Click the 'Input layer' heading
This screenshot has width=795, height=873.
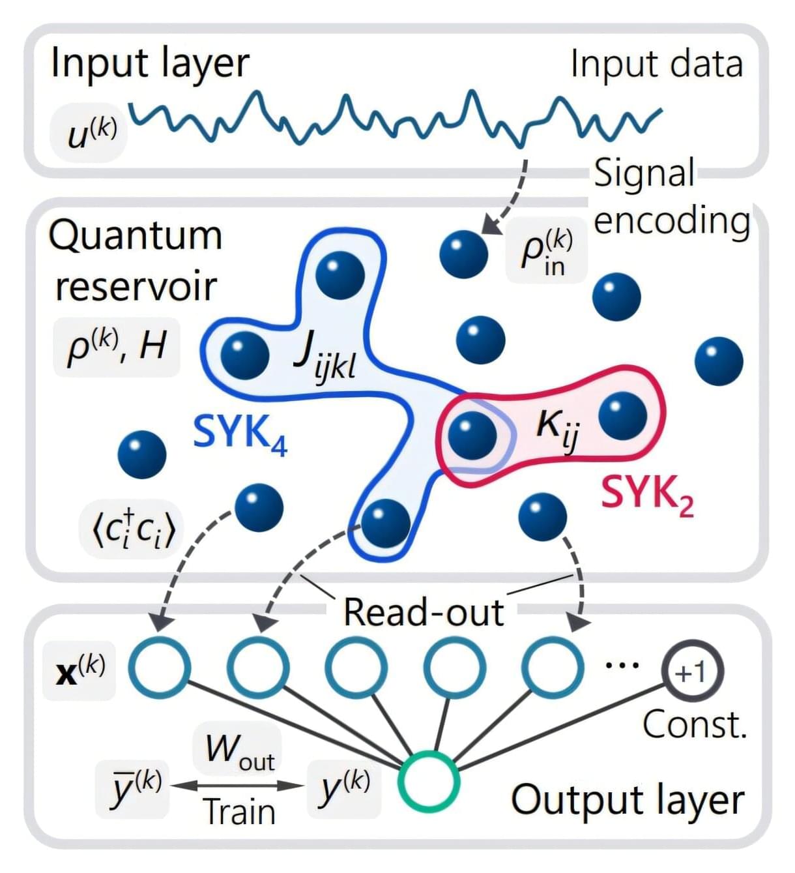(150, 64)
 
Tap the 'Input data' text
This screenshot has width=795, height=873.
(656, 64)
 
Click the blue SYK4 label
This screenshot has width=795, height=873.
(240, 433)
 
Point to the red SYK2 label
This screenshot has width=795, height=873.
(646, 494)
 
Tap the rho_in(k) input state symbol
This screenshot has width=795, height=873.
(546, 251)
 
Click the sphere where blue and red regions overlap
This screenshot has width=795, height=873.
(472, 436)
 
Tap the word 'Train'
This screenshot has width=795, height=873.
(240, 812)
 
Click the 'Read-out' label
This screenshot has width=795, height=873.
(424, 612)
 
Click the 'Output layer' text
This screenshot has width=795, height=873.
(627, 800)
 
